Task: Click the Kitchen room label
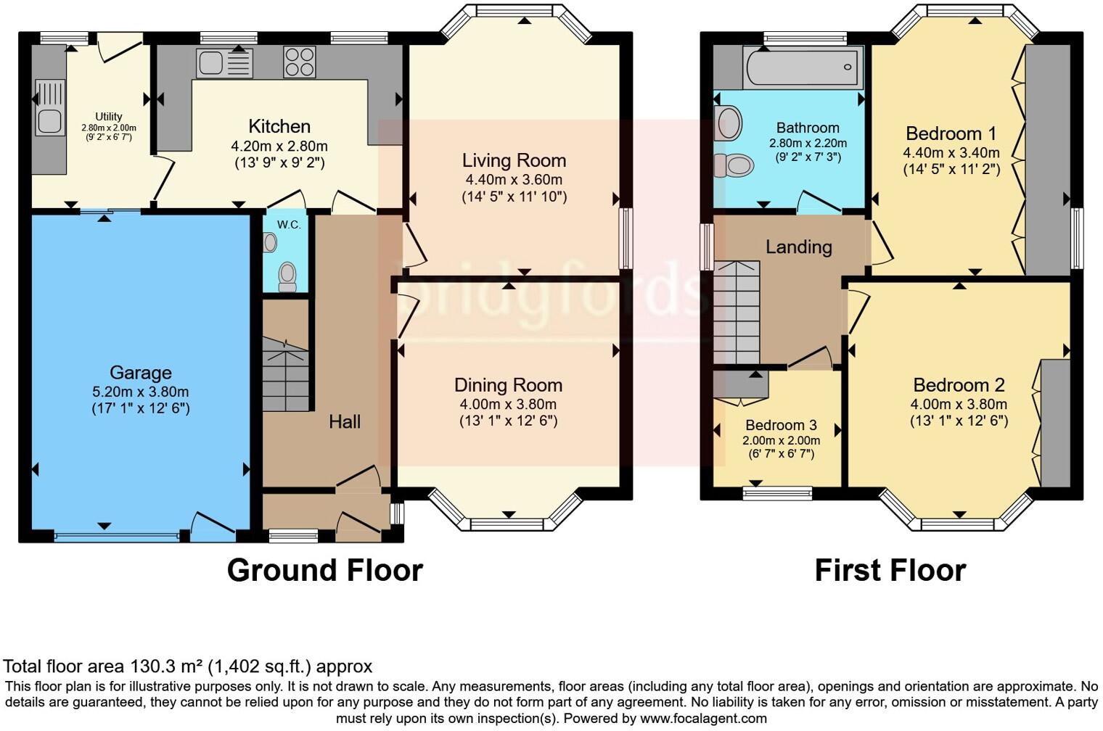(x=279, y=126)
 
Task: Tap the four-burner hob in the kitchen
(x=299, y=62)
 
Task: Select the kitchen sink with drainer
(x=224, y=63)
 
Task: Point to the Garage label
(x=141, y=373)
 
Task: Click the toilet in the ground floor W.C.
(x=287, y=276)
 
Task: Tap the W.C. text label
(x=289, y=225)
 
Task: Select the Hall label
(x=345, y=421)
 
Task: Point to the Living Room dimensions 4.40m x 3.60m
(x=514, y=179)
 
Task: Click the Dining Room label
(x=508, y=385)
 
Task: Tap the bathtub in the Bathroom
(x=803, y=67)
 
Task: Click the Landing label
(x=798, y=247)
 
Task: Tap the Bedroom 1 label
(x=951, y=133)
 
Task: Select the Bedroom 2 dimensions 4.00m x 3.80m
(x=959, y=404)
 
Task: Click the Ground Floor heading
(x=324, y=570)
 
